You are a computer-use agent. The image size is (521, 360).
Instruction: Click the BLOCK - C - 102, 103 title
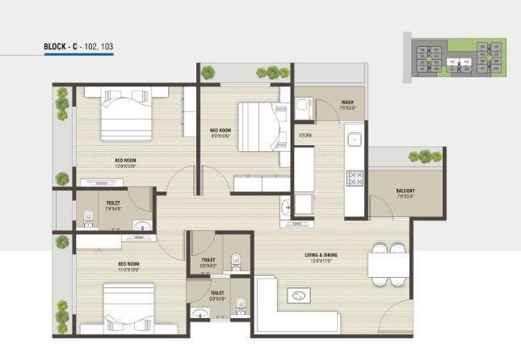click(78, 48)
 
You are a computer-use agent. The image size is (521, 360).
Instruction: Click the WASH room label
click(347, 103)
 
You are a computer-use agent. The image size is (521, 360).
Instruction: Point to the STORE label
click(305, 135)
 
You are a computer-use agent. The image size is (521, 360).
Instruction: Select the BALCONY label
click(405, 192)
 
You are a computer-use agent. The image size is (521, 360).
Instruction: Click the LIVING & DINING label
click(321, 257)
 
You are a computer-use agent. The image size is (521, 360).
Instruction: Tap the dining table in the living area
click(386, 265)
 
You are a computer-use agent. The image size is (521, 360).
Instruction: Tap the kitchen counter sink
click(354, 140)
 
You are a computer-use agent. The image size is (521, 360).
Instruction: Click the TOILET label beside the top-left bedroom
click(113, 205)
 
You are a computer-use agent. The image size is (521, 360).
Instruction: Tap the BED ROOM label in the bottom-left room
click(129, 266)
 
